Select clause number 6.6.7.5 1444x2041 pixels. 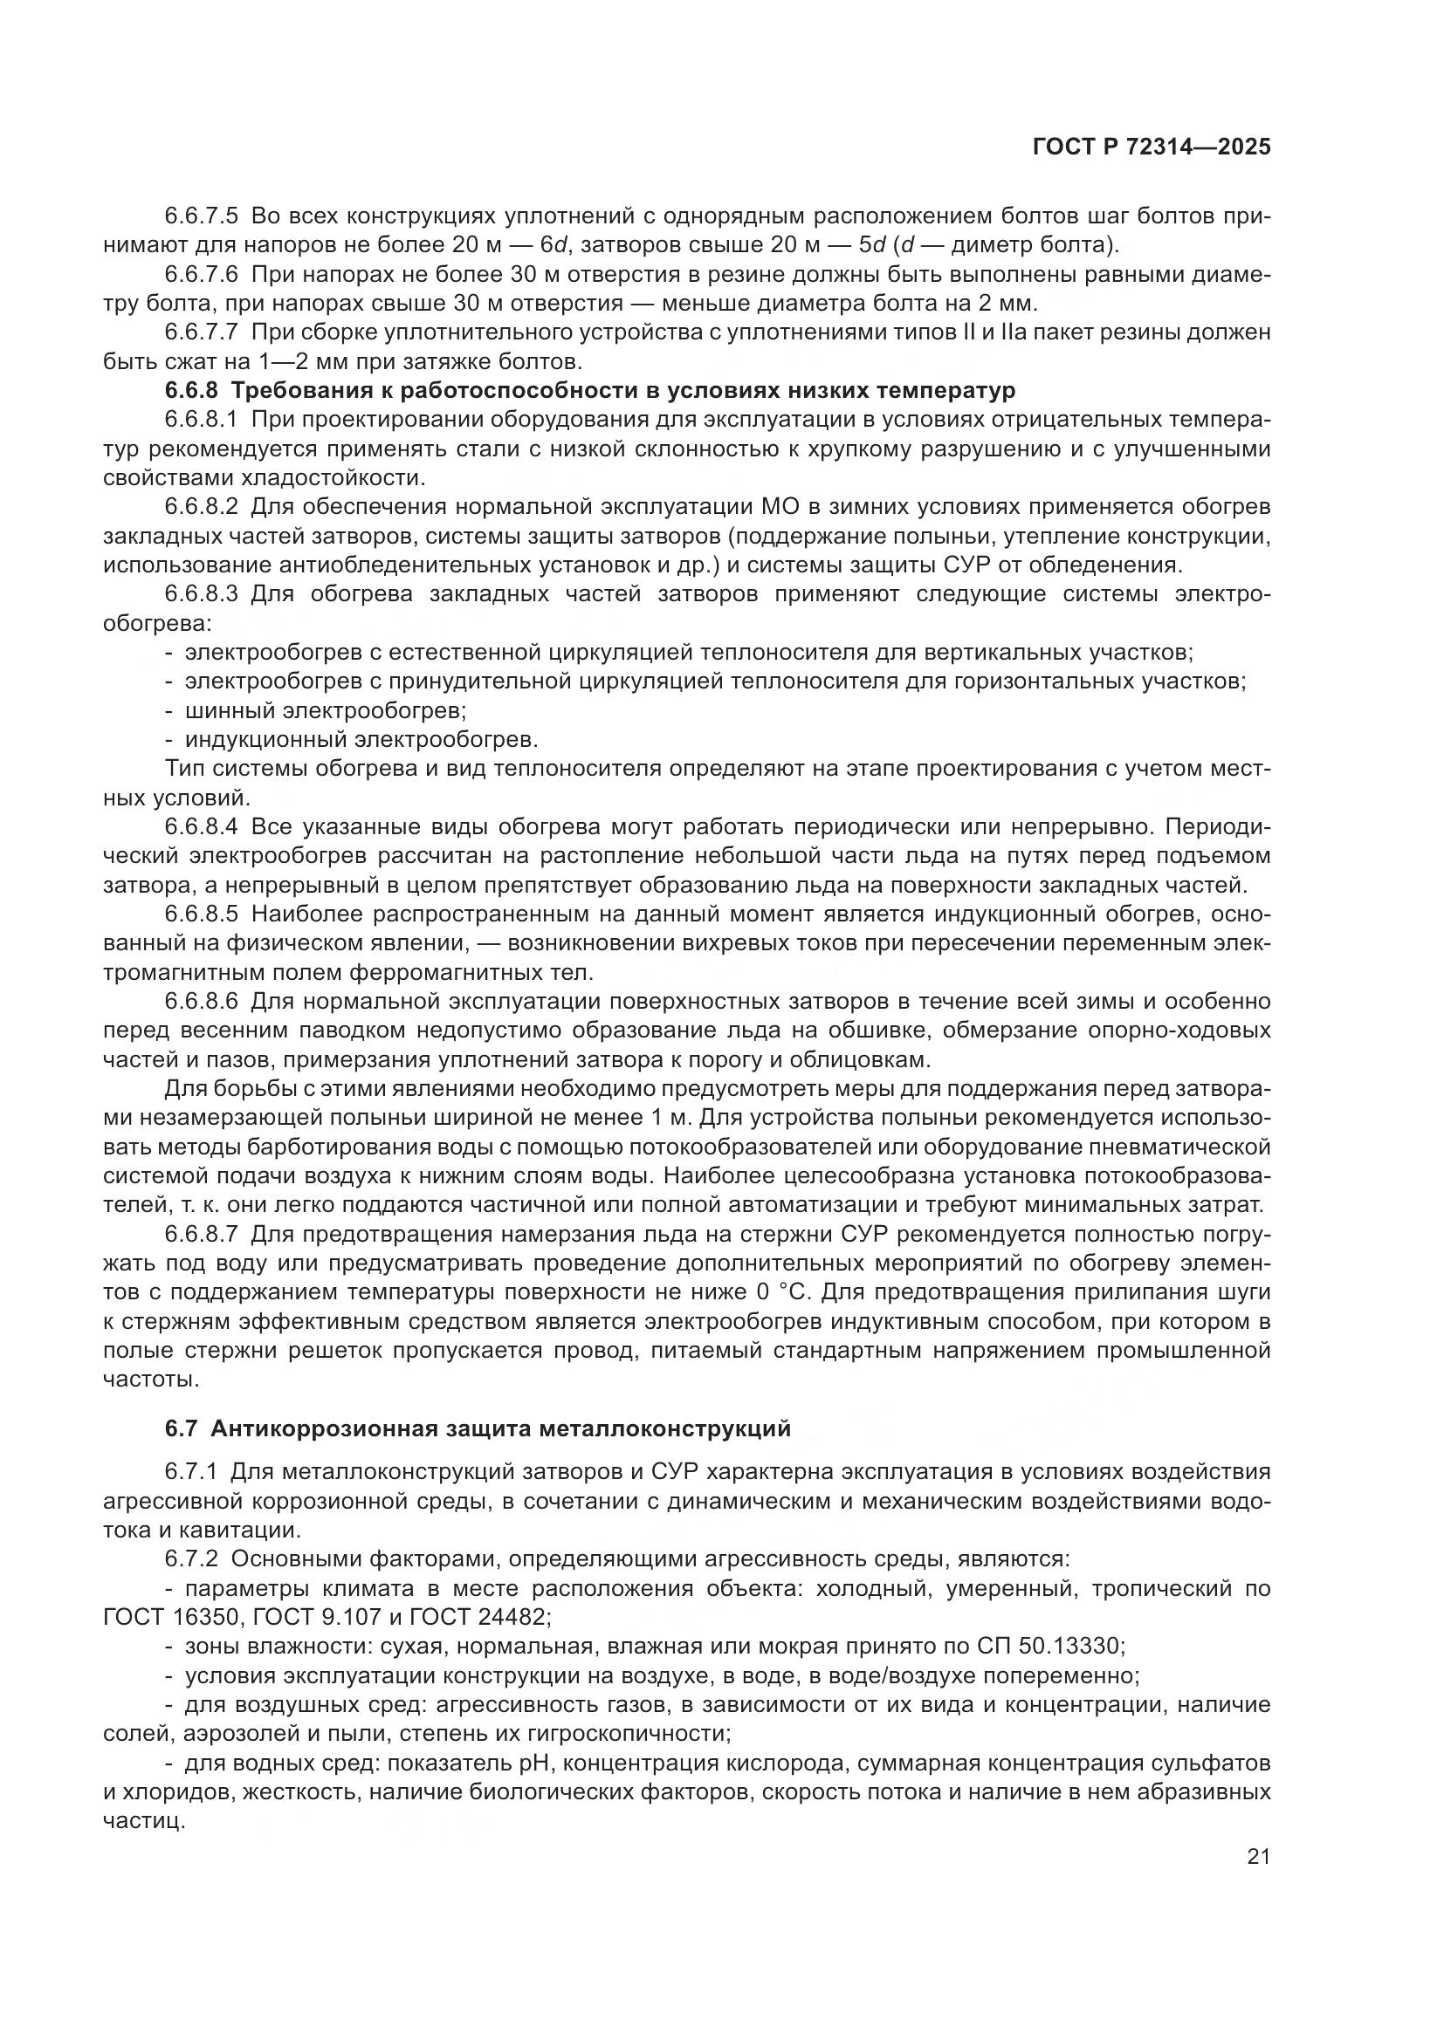pyautogui.click(x=202, y=216)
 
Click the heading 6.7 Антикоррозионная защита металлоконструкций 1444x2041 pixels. pyautogui.click(x=478, y=1454)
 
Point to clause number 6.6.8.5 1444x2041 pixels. pyautogui.click(x=202, y=914)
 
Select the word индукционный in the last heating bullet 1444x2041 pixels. pyautogui.click(x=267, y=740)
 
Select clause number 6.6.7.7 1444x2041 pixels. pyautogui.click(x=202, y=332)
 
